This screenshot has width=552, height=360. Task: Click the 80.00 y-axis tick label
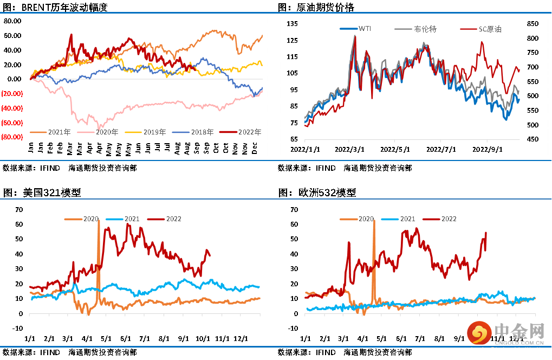click(12, 21)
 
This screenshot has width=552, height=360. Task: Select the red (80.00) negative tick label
click(12, 137)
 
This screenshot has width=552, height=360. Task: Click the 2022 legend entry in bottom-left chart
click(174, 219)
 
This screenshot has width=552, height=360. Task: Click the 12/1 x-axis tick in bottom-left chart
click(241, 338)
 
